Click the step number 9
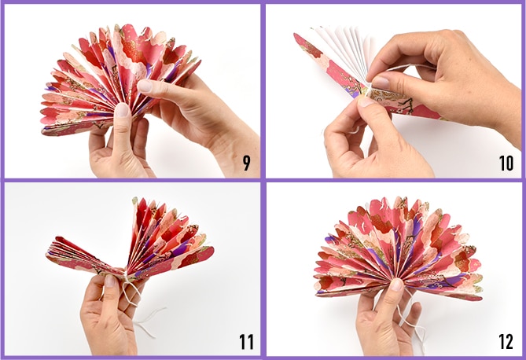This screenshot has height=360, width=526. pos(247,163)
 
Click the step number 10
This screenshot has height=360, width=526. pos(506,163)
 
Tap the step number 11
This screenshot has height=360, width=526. pos(246,342)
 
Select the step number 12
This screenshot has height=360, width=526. pos(506,342)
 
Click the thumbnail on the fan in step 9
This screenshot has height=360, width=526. pos(122,110)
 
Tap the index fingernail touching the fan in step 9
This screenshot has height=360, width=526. pos(145,86)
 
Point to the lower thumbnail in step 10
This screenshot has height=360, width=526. pos(366,101)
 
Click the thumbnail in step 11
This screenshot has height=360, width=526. pos(110,281)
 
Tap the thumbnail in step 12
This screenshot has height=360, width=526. pos(397,285)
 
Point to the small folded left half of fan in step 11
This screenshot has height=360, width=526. pos(84,255)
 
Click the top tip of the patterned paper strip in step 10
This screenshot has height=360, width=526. pos(295,35)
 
